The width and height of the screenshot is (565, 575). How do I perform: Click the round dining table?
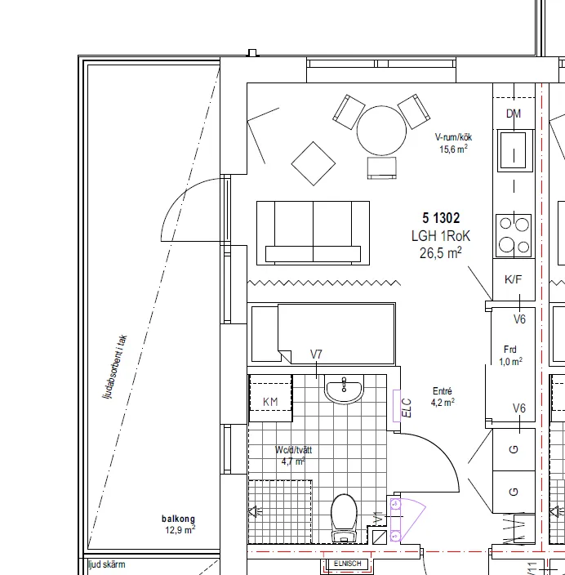pyautogui.click(x=381, y=130)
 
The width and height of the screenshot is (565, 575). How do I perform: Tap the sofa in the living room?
pyautogui.click(x=313, y=233)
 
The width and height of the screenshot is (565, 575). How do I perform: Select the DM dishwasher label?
pyautogui.click(x=514, y=114)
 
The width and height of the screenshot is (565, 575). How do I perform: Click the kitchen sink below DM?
pyautogui.click(x=514, y=149)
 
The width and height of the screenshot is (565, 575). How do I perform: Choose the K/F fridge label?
pyautogui.click(x=514, y=280)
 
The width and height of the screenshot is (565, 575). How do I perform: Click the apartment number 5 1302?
pyautogui.click(x=441, y=218)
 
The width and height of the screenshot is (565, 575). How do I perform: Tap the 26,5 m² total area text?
pyautogui.click(x=441, y=253)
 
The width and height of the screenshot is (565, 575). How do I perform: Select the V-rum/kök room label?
pyautogui.click(x=453, y=137)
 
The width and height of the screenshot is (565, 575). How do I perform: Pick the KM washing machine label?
pyautogui.click(x=270, y=402)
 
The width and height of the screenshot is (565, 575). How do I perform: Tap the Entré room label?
pyautogui.click(x=442, y=391)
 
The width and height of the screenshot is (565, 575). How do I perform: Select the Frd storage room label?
pyautogui.click(x=511, y=350)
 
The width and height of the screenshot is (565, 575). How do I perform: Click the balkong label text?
pyautogui.click(x=179, y=519)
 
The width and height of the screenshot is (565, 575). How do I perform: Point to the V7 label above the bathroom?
pyautogui.click(x=317, y=354)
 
